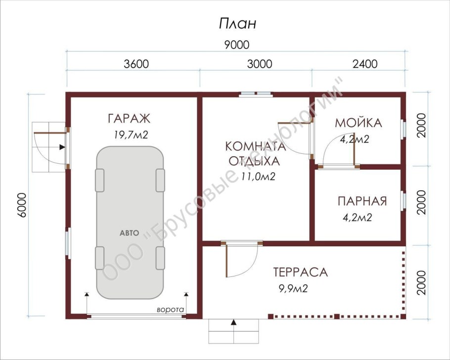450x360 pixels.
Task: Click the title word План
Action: tap(237, 23)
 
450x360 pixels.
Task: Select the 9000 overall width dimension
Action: tap(236, 45)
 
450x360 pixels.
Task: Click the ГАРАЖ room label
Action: tap(129, 119)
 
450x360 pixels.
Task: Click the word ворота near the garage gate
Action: tap(170, 310)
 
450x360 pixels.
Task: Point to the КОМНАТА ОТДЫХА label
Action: tap(255, 153)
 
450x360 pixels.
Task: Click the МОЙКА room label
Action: tap(358, 123)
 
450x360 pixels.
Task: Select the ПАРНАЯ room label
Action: tap(362, 201)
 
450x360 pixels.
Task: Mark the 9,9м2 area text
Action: tap(293, 289)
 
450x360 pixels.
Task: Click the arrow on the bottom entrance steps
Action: tap(233, 322)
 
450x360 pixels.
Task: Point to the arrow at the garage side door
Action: tap(61, 147)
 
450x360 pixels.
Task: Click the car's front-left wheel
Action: tap(100, 180)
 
